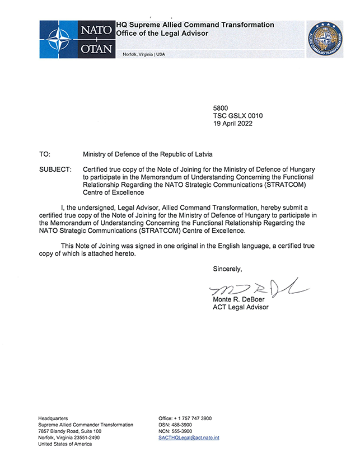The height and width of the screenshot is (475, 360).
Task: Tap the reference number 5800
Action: pos(221,107)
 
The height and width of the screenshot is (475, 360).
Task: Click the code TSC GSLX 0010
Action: pos(238,115)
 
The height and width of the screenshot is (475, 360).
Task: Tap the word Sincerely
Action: pos(227,269)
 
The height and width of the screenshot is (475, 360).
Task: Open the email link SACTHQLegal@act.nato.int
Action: pos(189,438)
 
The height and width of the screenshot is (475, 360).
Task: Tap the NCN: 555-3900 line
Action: pos(175,431)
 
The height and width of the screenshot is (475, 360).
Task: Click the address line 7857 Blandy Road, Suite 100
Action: pos(69,431)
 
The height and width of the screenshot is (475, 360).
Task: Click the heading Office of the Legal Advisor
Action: pos(162,34)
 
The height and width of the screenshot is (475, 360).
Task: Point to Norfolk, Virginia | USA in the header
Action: pos(148,54)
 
